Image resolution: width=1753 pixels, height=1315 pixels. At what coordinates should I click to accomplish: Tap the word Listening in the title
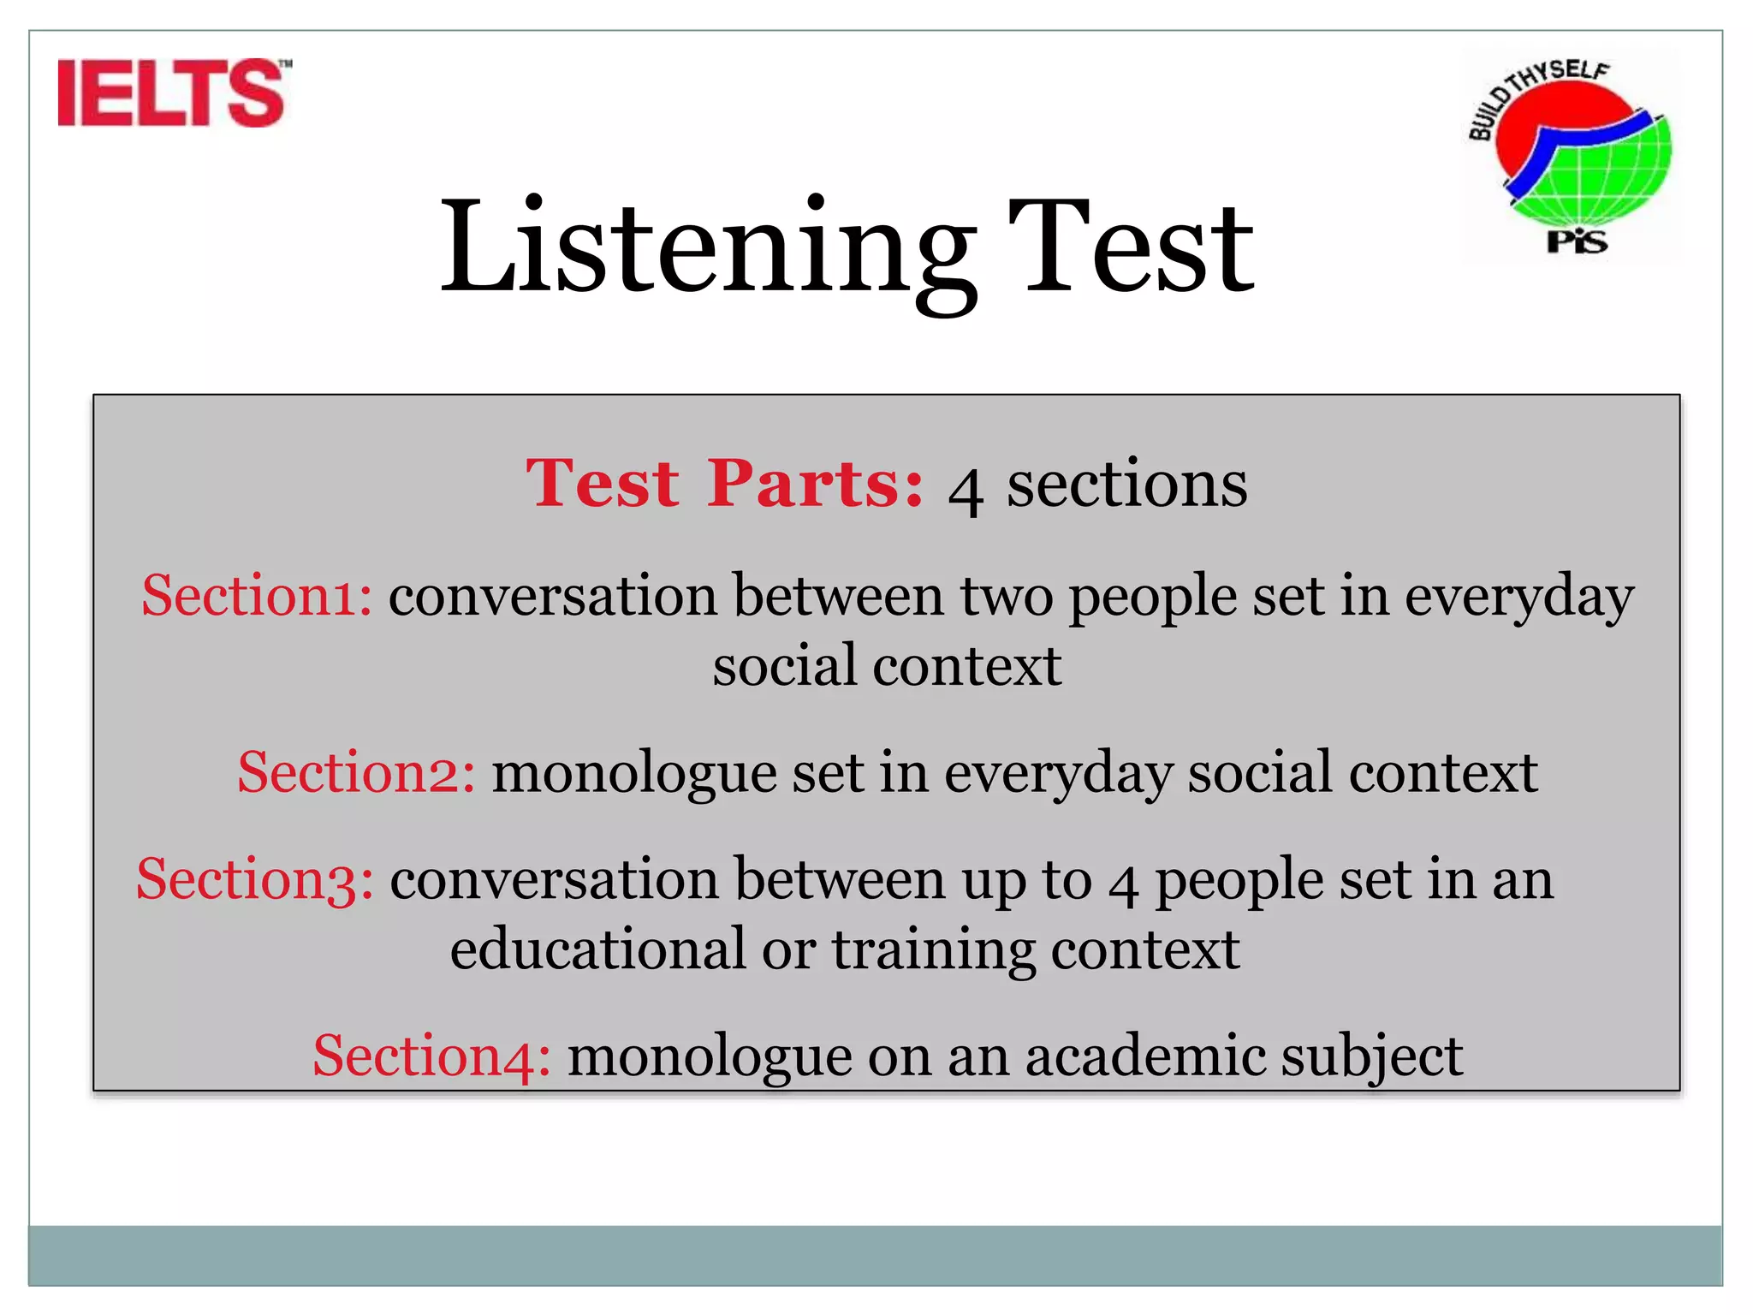pos(706,248)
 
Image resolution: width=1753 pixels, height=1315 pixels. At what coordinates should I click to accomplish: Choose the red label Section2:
pos(356,772)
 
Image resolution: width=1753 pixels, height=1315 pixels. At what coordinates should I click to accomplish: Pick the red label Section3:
pos(255,880)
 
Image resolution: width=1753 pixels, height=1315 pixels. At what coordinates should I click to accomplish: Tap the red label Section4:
pos(431,1056)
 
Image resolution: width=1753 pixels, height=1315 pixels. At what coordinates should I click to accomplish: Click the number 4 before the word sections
pos(966,491)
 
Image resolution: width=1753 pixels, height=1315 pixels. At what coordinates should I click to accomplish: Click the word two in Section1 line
pos(1007,598)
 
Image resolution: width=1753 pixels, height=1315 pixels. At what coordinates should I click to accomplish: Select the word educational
pos(598,949)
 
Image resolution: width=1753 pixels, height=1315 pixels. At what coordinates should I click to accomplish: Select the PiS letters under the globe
pos(1577,242)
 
